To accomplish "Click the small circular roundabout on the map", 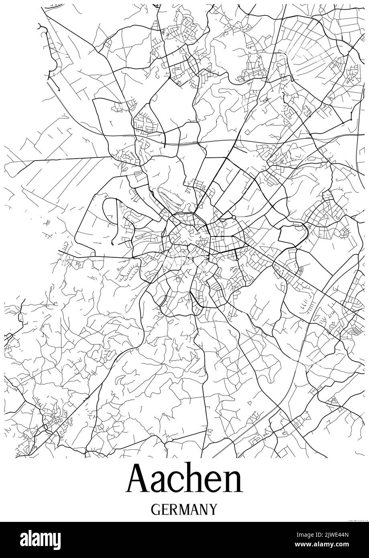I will (233, 218).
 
